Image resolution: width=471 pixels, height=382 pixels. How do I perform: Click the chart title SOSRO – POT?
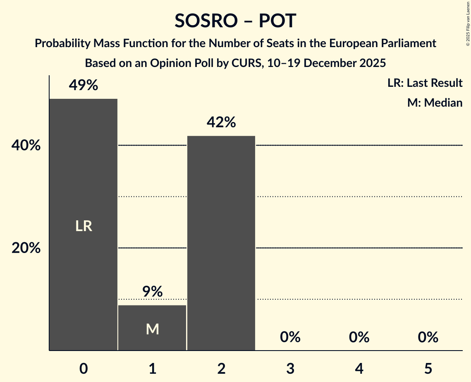[235, 21]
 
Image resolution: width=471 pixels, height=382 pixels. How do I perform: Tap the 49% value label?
[84, 86]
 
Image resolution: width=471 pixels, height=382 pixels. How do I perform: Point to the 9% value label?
[152, 292]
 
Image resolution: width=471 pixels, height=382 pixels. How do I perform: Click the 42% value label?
[221, 122]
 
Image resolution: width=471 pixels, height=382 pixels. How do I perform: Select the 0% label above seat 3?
[290, 337]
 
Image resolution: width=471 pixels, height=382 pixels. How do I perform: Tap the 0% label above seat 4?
[359, 337]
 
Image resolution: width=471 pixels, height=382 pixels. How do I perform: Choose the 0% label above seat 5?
[428, 337]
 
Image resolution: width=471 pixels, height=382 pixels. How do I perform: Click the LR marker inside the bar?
[84, 226]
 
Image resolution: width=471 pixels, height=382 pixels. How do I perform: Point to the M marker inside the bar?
[152, 329]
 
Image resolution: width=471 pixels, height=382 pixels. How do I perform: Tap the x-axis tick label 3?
[290, 368]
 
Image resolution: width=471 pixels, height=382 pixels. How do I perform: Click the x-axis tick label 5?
[428, 368]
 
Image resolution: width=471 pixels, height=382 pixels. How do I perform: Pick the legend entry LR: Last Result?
[425, 83]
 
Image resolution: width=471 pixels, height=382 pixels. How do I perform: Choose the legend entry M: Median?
[435, 103]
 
